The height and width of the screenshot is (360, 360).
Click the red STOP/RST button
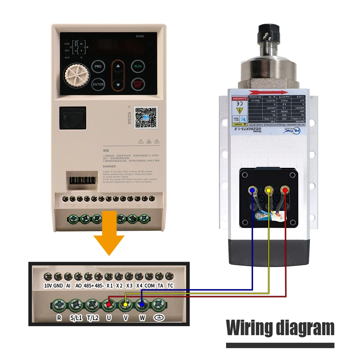(138, 84)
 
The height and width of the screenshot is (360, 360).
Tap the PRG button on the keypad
(98, 67)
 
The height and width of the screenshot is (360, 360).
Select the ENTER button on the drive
(98, 85)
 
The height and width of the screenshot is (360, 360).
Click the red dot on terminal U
(109, 305)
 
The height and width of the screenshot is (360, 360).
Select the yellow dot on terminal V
(125, 305)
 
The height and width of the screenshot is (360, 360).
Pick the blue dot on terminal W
(142, 305)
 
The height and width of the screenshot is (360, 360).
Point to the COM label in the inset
(149, 285)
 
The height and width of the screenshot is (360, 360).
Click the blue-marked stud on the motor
(253, 190)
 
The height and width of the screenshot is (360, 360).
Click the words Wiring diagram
(280, 328)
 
